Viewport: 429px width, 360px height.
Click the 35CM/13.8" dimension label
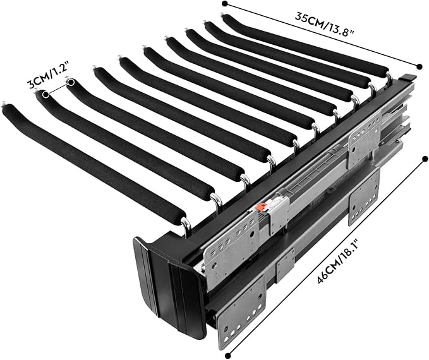(x=325, y=24)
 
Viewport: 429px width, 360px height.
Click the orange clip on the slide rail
(x=261, y=207)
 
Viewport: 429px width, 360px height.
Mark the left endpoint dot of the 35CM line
(x=225, y=4)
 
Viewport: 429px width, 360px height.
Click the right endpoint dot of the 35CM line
(x=419, y=66)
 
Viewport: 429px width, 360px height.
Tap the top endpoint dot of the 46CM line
(x=425, y=159)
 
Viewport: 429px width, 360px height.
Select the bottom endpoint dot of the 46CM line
(x=227, y=356)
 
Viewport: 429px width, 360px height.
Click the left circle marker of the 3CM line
(x=45, y=94)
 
